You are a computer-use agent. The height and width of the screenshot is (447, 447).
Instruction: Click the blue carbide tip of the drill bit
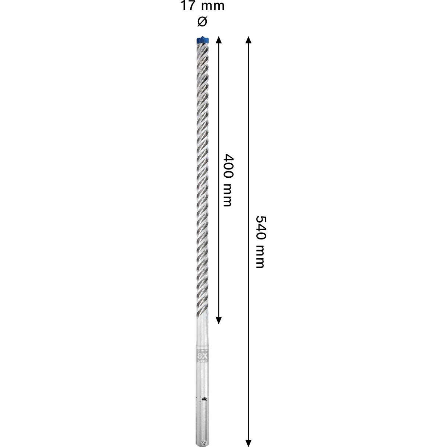point(202,39)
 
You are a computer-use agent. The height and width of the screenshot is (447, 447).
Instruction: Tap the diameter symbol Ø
point(202,22)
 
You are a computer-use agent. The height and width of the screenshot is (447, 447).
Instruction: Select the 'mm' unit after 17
point(213,6)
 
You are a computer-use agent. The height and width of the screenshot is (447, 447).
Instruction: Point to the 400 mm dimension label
point(227,180)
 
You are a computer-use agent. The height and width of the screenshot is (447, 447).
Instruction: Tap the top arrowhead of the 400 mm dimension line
point(219,40)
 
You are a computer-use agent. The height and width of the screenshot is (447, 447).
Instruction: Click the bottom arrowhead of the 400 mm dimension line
point(219,320)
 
